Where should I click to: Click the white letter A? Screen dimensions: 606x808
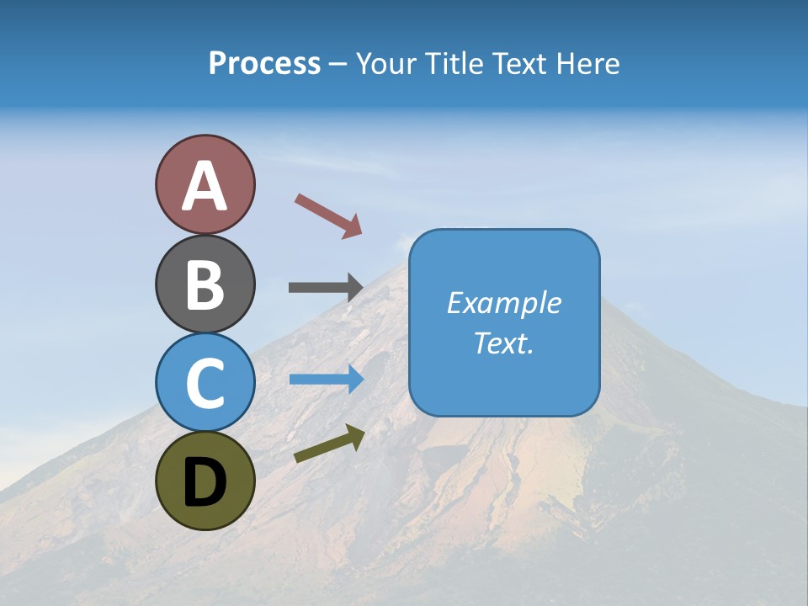pos(205,186)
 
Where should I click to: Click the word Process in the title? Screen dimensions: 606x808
pos(264,64)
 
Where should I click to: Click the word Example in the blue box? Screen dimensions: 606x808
pos(503,303)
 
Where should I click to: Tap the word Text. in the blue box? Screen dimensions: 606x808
pos(503,343)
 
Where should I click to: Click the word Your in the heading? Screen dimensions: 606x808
pos(385,64)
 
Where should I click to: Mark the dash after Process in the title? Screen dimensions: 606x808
pos(338,65)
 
